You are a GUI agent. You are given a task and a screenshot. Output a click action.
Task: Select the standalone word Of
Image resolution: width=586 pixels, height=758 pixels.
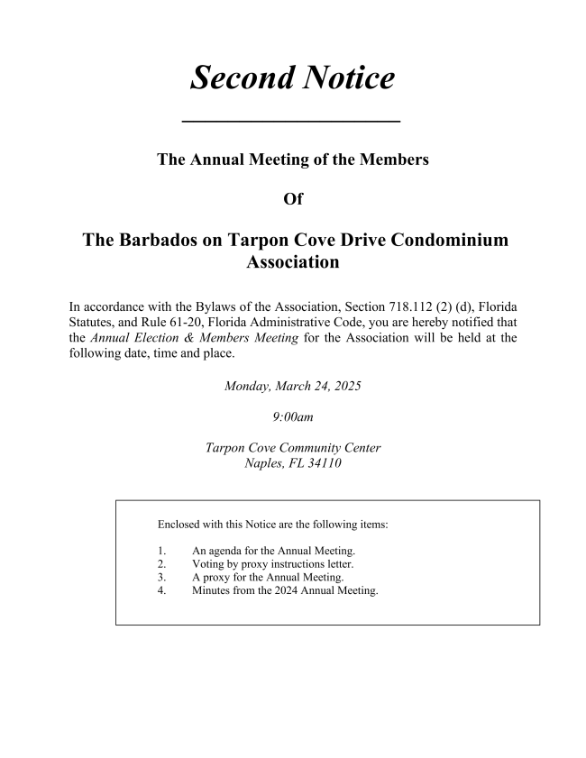293,200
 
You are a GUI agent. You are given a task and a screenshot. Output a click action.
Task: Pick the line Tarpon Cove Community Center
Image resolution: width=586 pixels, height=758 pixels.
293,448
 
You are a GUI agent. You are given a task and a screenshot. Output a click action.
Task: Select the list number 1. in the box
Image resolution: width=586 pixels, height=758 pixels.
161,550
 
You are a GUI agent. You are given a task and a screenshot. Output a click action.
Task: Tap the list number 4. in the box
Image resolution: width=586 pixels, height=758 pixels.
161,591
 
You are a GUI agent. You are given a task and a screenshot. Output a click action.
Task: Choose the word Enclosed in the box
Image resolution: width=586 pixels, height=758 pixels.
179,523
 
